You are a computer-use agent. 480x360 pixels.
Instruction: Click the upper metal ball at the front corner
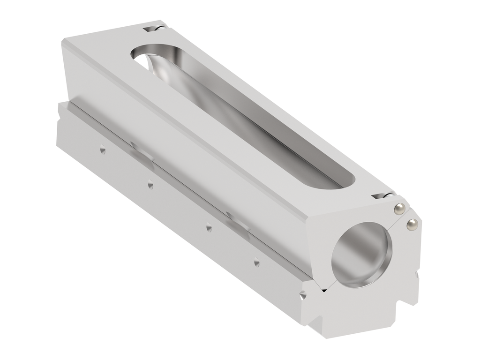[399, 209]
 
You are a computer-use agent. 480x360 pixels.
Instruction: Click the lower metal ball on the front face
[412, 225]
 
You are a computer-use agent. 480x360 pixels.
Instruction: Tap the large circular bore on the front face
[361, 254]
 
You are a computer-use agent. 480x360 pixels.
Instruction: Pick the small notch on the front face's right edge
[416, 277]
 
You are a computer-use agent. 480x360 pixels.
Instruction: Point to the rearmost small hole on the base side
[102, 150]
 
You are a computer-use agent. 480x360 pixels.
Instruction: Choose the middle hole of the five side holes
[209, 228]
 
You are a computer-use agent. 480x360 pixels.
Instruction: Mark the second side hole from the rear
[150, 185]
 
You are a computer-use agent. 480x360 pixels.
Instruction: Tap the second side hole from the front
[256, 262]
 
